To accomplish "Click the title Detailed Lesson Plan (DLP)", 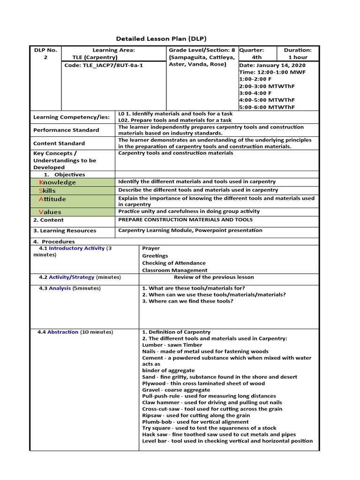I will click(x=161, y=38).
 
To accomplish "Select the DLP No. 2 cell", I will click(x=45, y=53).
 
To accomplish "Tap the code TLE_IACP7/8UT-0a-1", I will click(x=104, y=65).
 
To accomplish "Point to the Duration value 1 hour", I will click(x=298, y=57).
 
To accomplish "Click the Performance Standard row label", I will click(x=66, y=130).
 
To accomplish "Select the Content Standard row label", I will click(x=59, y=143).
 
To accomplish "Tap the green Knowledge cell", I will click(x=73, y=182).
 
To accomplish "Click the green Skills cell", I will click(x=73, y=191).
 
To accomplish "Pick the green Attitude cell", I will click(x=73, y=199).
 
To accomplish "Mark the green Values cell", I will click(x=73, y=212).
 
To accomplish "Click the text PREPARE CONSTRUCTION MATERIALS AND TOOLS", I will click(x=185, y=219).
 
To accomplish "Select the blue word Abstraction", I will click(x=63, y=332).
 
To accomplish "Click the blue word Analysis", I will click(x=60, y=288).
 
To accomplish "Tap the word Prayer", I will click(x=151, y=248).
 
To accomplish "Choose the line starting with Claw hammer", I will click(x=212, y=402).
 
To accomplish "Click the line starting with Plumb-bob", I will click(x=195, y=421).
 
